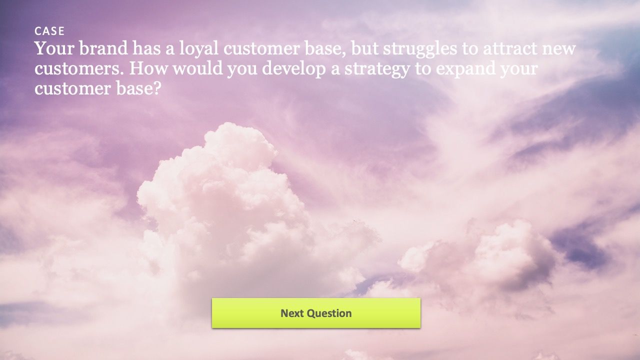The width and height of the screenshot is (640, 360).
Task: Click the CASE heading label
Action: [x=49, y=31]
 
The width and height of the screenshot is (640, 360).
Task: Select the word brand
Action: [x=103, y=48]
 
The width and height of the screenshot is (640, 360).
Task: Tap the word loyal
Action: [x=199, y=49]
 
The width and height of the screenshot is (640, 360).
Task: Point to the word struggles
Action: [x=420, y=49]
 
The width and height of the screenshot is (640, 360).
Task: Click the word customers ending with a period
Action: [x=79, y=69]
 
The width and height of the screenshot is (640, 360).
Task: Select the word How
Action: [x=147, y=68]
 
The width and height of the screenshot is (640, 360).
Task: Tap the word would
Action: [x=198, y=68]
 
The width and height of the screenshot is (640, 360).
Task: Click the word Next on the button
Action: [x=292, y=313]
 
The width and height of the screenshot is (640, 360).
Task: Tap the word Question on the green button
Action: [x=329, y=313]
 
